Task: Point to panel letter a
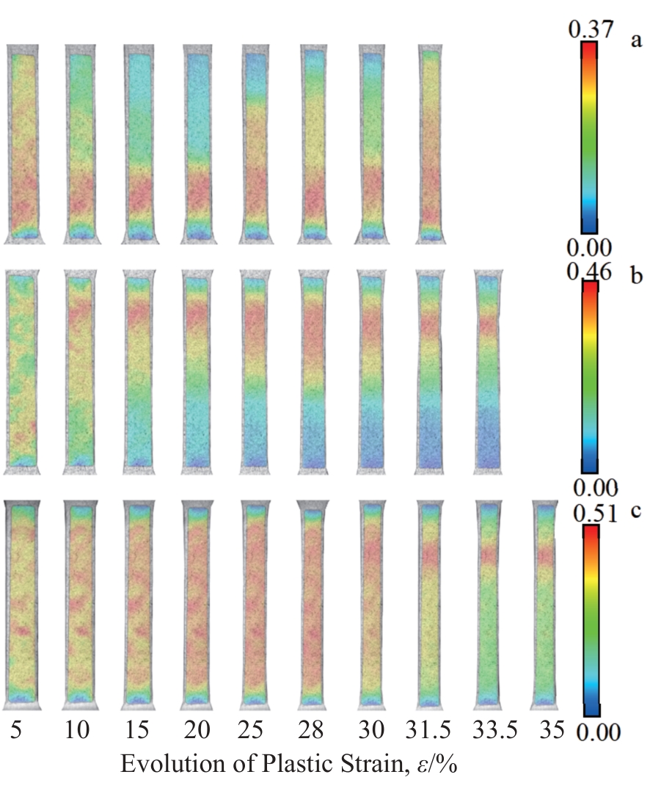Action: coord(636,40)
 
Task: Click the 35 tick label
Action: coord(547,732)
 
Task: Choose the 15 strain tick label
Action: coord(137,732)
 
